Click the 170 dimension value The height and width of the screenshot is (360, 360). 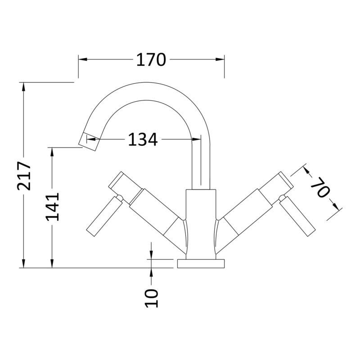(x=151, y=60)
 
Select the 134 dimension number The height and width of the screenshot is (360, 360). (x=143, y=139)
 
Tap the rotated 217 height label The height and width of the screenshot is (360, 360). (x=24, y=176)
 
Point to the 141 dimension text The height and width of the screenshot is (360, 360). (x=52, y=207)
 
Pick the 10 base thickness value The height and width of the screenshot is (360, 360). (x=152, y=298)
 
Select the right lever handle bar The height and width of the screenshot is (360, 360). (x=297, y=216)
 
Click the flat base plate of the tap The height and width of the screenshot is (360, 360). (x=201, y=264)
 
